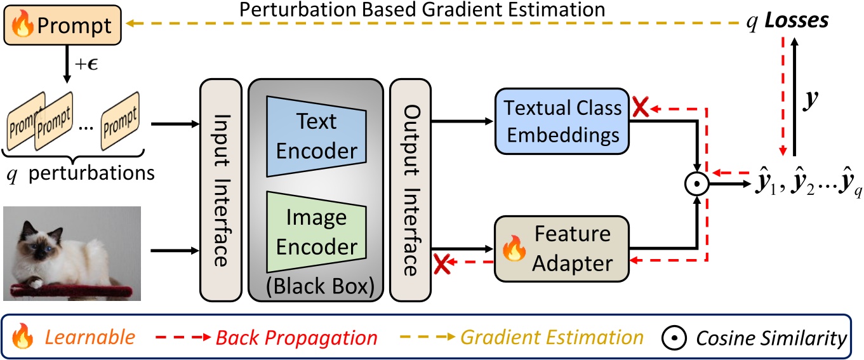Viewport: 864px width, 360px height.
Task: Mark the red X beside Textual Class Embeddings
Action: click(x=640, y=109)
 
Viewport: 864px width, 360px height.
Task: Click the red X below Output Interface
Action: click(x=441, y=262)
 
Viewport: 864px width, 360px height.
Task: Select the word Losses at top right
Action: click(x=796, y=21)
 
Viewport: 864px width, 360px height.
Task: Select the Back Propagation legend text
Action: click(x=296, y=337)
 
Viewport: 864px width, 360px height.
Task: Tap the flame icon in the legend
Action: click(x=23, y=337)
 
